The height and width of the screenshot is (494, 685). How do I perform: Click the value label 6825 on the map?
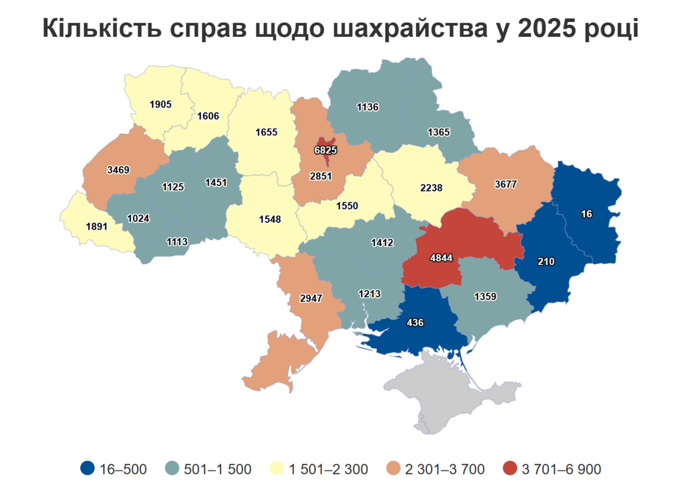coord(325,151)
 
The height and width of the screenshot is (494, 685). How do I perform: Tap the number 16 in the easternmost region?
coord(587,214)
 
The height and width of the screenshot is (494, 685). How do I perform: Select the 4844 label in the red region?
coord(442,258)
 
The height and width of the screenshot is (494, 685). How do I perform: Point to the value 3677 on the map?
coord(505,185)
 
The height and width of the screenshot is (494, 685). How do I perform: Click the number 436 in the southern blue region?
coord(415,323)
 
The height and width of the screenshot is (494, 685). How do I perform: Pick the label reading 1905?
coord(161,104)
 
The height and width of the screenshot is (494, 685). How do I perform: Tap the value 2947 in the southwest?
coord(311,298)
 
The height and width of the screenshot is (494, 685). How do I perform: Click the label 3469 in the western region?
coord(118,170)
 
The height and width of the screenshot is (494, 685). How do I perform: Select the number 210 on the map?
coord(546,262)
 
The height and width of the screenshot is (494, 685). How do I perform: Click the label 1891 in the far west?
coord(97,226)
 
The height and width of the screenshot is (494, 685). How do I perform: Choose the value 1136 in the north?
coord(368,107)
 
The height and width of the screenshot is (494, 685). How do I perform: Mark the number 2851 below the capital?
coord(321,176)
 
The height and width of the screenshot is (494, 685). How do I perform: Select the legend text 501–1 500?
coord(217,469)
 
